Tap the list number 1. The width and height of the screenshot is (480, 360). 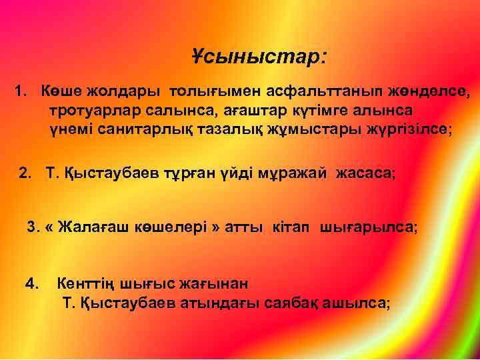[x=20, y=90]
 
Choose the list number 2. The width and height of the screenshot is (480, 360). [x=25, y=174]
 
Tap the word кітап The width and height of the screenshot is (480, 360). [x=294, y=227]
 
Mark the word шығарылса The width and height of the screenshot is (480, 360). [x=369, y=227]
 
